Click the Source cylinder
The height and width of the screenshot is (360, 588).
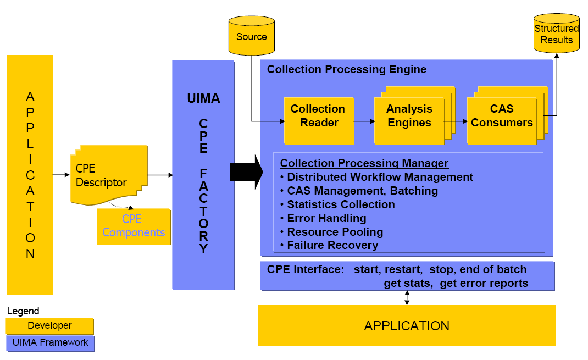tap(251, 36)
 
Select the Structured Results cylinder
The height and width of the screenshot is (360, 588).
tap(556, 35)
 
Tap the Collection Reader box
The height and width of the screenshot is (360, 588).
tap(318, 116)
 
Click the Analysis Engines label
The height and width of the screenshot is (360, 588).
tap(409, 116)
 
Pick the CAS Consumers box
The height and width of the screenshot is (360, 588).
tap(501, 116)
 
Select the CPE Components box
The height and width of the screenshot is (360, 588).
tap(134, 226)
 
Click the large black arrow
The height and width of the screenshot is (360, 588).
tap(246, 172)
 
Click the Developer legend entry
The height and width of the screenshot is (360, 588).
tap(50, 325)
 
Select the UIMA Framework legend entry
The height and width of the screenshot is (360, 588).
tap(50, 342)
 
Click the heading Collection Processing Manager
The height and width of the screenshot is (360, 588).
tap(364, 163)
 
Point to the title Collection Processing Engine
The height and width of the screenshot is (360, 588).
tap(346, 69)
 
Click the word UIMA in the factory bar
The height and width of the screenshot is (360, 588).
tap(203, 99)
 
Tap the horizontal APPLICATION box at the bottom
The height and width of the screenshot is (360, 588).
tap(407, 325)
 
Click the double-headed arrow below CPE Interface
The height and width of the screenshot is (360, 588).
tap(407, 297)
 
